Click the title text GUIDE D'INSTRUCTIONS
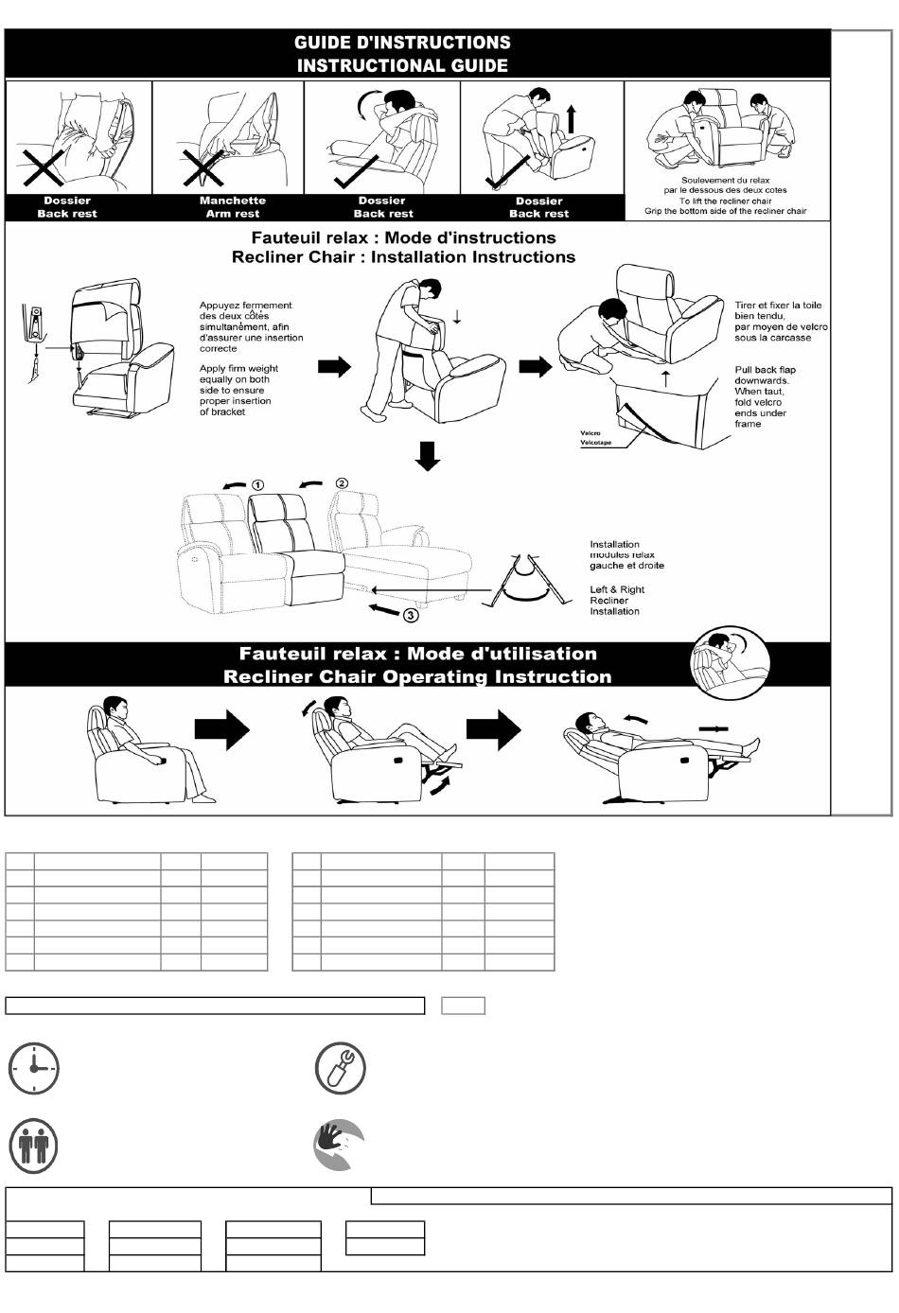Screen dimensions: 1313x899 click(x=402, y=43)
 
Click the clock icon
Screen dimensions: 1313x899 click(x=34, y=1069)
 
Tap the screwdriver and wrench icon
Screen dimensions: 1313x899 click(x=340, y=1069)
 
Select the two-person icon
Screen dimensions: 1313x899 click(x=34, y=1146)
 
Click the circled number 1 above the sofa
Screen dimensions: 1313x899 click(x=258, y=485)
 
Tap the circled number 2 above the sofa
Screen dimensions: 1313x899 click(x=342, y=483)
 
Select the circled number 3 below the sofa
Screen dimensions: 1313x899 click(x=411, y=616)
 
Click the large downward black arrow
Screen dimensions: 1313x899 click(x=428, y=456)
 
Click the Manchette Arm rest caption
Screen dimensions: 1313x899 click(x=233, y=207)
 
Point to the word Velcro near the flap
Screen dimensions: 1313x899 click(x=591, y=433)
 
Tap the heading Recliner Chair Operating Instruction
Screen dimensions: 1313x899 click(x=417, y=677)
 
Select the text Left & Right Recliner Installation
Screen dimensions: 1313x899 click(x=617, y=601)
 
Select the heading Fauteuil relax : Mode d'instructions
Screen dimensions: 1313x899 click(x=403, y=238)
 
